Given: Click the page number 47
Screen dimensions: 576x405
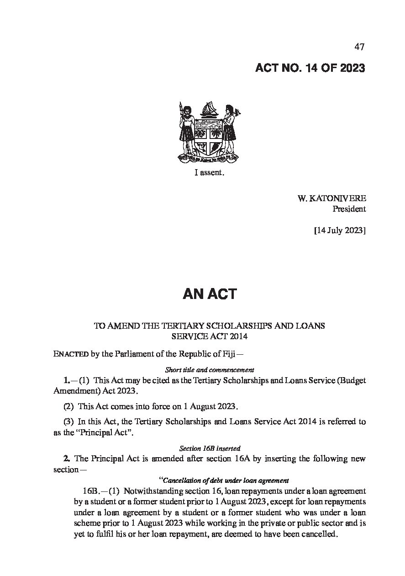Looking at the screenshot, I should tap(359, 47).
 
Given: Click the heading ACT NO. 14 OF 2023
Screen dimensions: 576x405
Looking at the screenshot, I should tap(310, 68).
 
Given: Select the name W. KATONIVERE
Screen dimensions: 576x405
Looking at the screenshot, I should tap(331, 198).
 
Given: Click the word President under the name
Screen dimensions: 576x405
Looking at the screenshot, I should tap(350, 209).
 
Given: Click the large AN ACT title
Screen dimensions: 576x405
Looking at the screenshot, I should tap(210, 294).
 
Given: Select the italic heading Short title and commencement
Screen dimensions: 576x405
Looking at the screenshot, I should tap(209, 369).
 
